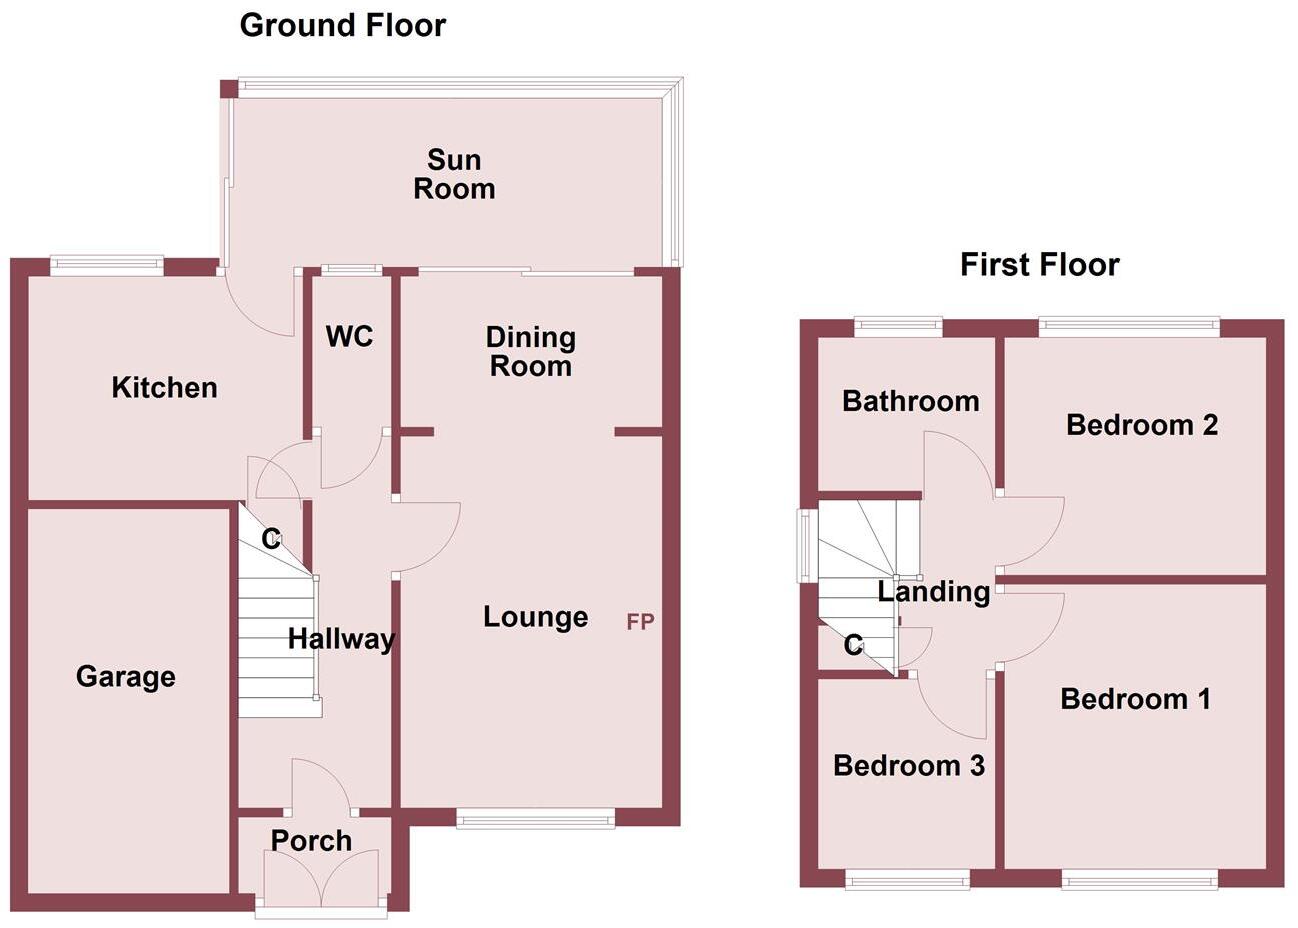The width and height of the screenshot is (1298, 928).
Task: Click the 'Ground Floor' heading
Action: [x=342, y=25]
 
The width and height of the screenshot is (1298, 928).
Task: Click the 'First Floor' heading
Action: [x=1039, y=265]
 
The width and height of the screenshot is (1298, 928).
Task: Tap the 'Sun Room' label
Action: [x=454, y=174]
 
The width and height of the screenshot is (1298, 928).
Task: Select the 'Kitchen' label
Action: [x=164, y=388]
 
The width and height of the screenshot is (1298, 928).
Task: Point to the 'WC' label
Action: [x=349, y=337]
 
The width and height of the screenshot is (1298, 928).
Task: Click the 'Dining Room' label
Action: [x=530, y=351]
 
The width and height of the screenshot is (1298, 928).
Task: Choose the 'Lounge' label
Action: [x=535, y=617]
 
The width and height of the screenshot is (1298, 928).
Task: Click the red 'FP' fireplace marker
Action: [x=640, y=622]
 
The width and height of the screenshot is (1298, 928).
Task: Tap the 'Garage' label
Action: [x=126, y=677]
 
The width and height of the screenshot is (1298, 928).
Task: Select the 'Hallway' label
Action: [x=341, y=639]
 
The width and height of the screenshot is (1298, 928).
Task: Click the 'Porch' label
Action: [x=311, y=841]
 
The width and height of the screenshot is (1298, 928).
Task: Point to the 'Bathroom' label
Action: [x=910, y=402]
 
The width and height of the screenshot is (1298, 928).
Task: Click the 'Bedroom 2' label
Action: [x=1141, y=425]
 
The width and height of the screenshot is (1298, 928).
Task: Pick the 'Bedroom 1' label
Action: [x=1135, y=698]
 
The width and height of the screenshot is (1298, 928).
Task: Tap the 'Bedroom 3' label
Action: [x=908, y=766]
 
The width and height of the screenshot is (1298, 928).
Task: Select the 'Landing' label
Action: [x=933, y=592]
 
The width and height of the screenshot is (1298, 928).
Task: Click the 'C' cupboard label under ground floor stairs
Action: [x=270, y=540]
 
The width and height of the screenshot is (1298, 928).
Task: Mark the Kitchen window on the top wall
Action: [x=107, y=265]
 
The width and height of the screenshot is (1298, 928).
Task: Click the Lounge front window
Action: [x=535, y=820]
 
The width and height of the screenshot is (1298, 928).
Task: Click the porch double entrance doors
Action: [x=320, y=877]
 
